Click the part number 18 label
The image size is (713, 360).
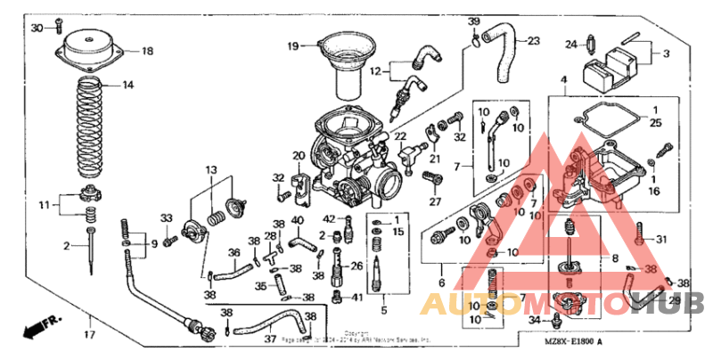[146, 51]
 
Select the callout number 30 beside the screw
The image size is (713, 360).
[37, 29]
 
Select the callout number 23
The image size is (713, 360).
[533, 41]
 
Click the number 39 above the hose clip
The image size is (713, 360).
[474, 21]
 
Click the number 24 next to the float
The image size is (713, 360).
[572, 42]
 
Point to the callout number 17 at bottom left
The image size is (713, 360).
[89, 335]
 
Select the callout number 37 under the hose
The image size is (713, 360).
[269, 339]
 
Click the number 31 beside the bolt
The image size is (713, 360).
[660, 239]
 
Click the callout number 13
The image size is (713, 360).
[212, 169]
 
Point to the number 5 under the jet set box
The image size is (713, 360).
[383, 310]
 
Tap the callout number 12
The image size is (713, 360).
[376, 70]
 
